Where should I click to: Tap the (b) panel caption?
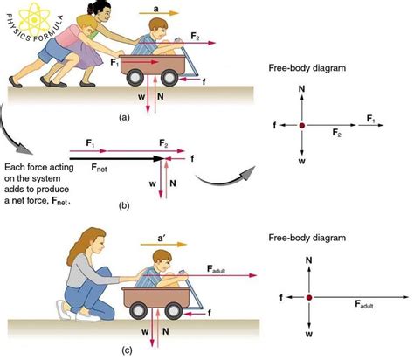[x=125, y=208]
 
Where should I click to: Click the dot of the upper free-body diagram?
[x=302, y=126]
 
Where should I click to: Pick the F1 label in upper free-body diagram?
[x=371, y=117]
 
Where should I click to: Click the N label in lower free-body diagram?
[x=308, y=260]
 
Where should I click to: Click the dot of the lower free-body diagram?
[x=308, y=297]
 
